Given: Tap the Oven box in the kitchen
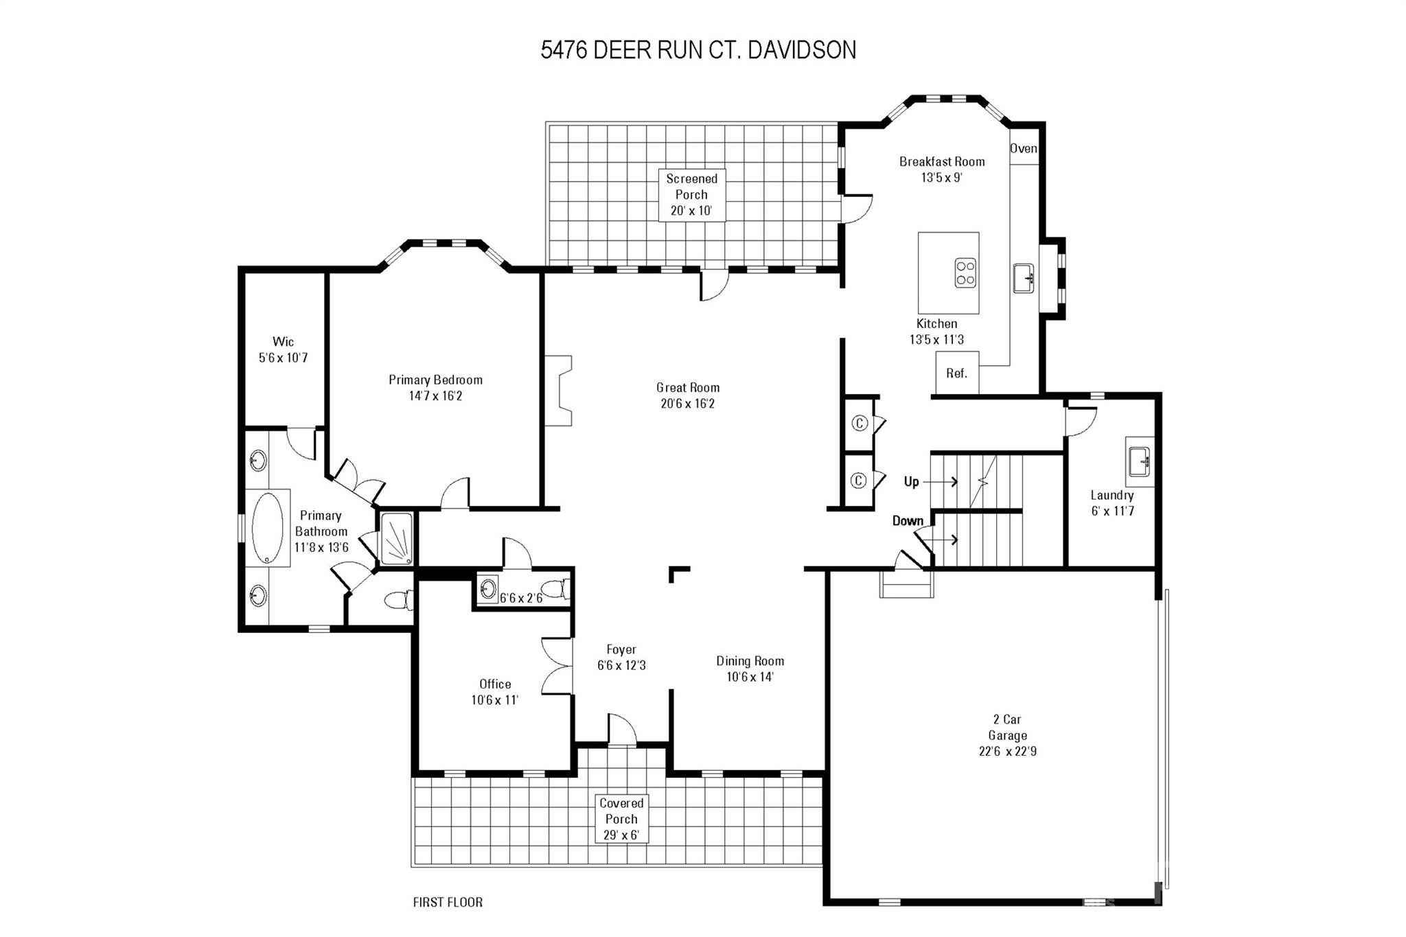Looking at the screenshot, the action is (x=1024, y=149).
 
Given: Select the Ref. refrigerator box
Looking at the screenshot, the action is (x=957, y=373).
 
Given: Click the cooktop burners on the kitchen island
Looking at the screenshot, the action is (x=966, y=273).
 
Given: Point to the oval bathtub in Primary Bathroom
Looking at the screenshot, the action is (x=267, y=528).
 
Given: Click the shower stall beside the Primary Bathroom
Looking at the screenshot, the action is (x=397, y=539).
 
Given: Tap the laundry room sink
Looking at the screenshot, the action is (x=1140, y=461).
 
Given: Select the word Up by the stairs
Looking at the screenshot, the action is (x=911, y=482).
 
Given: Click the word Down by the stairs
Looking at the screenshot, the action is (x=908, y=521).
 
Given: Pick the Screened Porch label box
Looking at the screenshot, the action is (x=692, y=195).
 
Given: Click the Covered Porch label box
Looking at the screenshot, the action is (x=621, y=819).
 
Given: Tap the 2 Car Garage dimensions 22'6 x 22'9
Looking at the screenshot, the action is (x=1008, y=751).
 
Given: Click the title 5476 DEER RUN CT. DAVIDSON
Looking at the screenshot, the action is (x=698, y=50).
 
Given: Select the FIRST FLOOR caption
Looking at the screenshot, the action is (x=448, y=902).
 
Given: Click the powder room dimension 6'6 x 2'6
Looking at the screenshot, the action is (x=521, y=598).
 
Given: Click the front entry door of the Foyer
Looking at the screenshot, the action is (x=622, y=730).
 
